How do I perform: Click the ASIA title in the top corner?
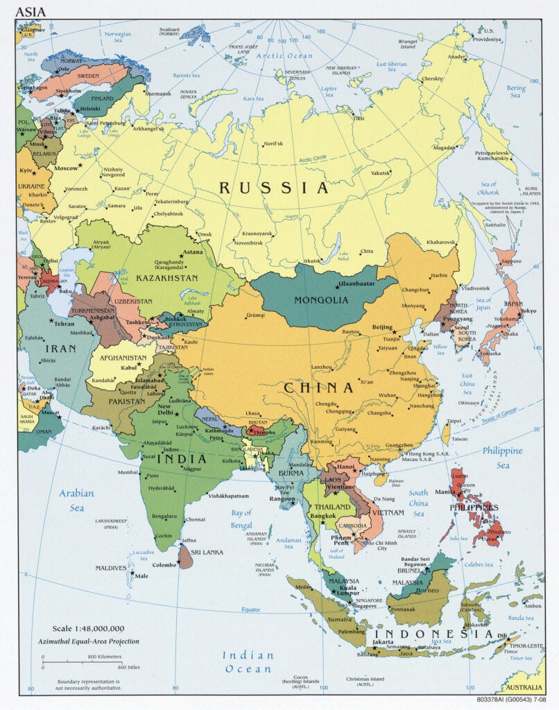pos(31,12)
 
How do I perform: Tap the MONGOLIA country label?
pos(321,300)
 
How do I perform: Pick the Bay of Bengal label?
pos(242,519)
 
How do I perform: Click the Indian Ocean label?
pos(248,661)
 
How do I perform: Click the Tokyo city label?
pos(528,311)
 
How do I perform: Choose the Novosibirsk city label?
pos(259,243)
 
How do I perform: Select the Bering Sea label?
pos(515,92)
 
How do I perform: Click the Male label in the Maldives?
pos(141,575)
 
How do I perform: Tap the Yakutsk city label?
pos(379,173)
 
